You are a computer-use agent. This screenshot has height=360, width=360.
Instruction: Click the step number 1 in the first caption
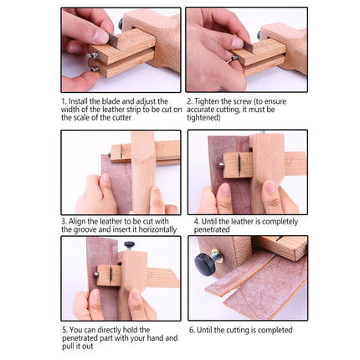64,100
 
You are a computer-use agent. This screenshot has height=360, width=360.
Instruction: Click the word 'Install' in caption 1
80,100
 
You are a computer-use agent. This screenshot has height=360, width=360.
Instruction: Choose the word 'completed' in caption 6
267,329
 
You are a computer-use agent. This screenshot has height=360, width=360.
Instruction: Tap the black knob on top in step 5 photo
129,244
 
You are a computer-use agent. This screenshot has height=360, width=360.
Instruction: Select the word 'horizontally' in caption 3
157,229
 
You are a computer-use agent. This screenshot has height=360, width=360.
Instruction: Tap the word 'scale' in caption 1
76,116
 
